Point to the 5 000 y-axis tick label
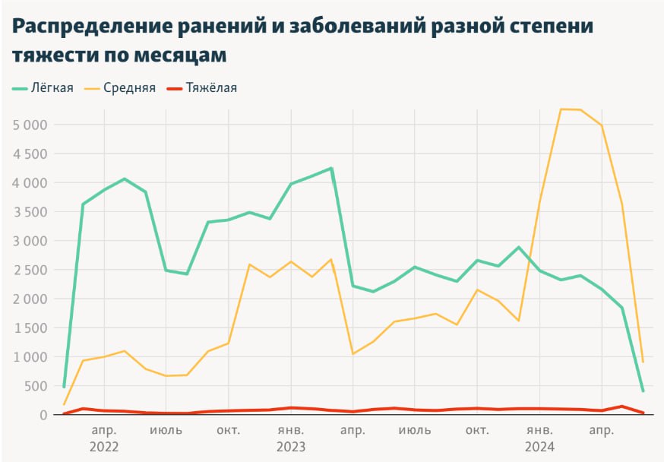click(x=30, y=125)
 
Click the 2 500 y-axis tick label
click(x=30, y=270)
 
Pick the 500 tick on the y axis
click(x=36, y=386)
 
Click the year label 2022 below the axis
click(x=104, y=447)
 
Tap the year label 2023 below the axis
click(x=291, y=447)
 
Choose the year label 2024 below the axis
click(x=539, y=447)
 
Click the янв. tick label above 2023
click(x=291, y=431)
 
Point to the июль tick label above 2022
click(x=166, y=431)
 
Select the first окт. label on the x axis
click(x=229, y=431)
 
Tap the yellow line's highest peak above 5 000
click(x=561, y=109)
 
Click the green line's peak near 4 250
click(x=331, y=169)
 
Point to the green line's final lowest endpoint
click(x=643, y=391)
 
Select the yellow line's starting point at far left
click(x=64, y=404)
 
